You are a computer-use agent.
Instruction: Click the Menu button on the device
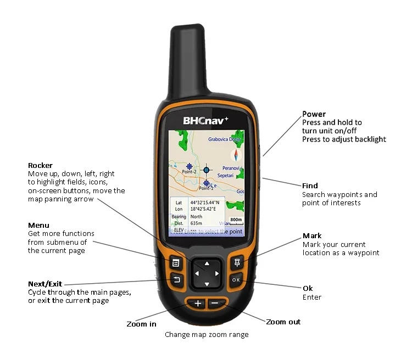coord(175,263)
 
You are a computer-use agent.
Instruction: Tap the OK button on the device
coord(236,280)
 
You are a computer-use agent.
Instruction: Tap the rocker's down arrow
coord(206,284)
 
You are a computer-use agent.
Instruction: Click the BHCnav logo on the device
coord(205,119)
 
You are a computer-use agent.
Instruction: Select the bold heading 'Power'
coord(314,114)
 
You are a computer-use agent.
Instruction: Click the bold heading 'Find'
coord(310,185)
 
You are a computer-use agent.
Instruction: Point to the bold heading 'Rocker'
coord(40,165)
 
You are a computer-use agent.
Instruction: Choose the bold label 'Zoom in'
coord(141,324)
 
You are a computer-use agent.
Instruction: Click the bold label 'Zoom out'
coord(283,322)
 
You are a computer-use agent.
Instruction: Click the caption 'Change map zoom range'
coord(207,335)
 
